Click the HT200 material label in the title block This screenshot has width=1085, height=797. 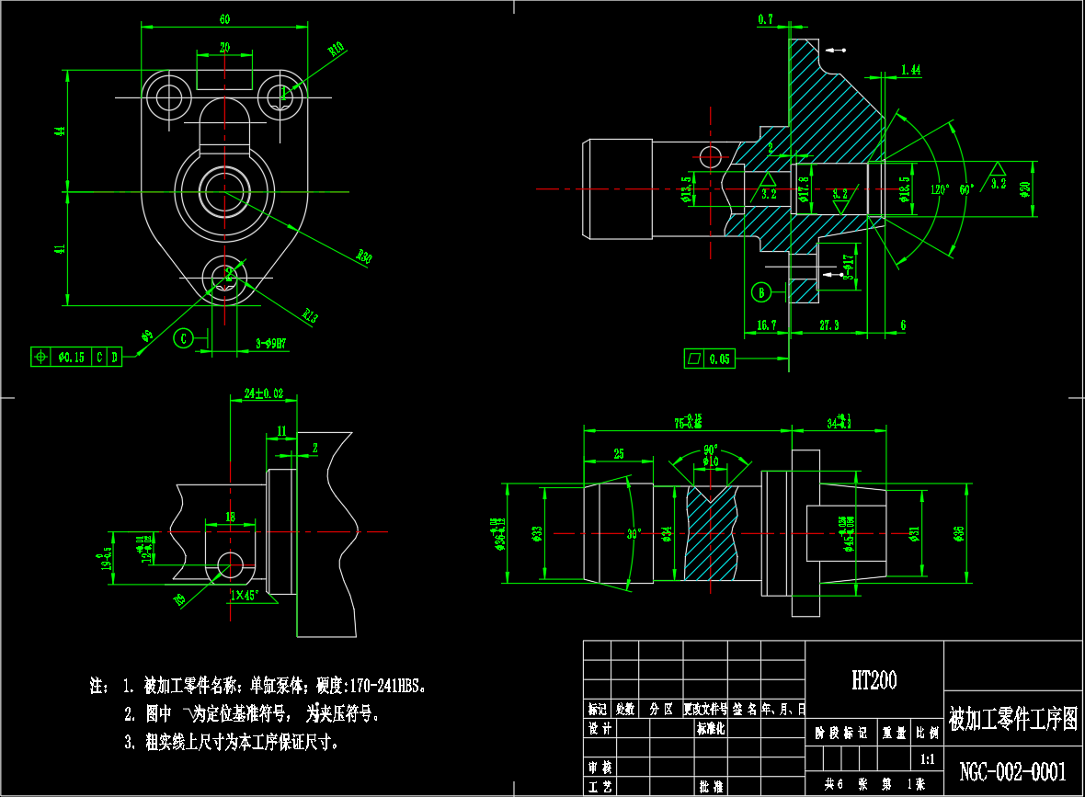(874, 680)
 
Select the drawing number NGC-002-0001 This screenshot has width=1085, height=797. (1012, 771)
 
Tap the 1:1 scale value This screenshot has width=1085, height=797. (927, 760)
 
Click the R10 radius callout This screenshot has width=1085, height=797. (336, 48)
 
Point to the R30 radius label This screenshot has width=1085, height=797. (365, 256)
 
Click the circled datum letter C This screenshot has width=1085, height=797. (183, 338)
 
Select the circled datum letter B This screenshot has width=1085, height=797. (761, 292)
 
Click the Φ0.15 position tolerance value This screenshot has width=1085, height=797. (71, 357)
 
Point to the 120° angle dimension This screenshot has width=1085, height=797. (939, 189)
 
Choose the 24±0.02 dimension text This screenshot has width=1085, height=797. (264, 393)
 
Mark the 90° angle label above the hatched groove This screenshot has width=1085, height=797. (710, 450)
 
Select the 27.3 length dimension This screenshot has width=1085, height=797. (829, 324)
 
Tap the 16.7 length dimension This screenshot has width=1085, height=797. (767, 324)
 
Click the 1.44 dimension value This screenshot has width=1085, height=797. (911, 70)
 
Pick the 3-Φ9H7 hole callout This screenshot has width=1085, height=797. (271, 344)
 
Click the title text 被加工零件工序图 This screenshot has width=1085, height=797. (1012, 718)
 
